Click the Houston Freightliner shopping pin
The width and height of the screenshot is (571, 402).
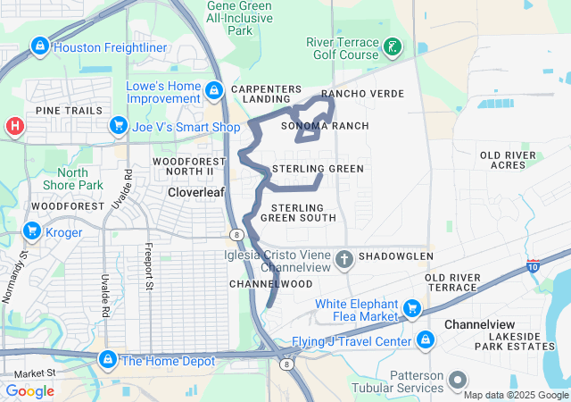coord(39,46)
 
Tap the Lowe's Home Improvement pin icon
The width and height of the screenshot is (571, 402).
coord(213,90)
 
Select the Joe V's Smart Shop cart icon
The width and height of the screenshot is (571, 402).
coord(118,127)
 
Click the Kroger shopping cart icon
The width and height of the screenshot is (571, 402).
coord(33,232)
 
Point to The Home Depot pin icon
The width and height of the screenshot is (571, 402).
coord(107,360)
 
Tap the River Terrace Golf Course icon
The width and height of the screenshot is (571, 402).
coord(393,46)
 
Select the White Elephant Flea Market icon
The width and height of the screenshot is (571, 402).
coord(412,309)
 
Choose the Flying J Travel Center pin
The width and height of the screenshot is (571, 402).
coord(426,340)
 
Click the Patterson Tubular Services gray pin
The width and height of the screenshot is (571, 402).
coord(458,380)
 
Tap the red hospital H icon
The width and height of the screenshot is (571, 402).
coord(13,127)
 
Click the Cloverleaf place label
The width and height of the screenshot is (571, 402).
coord(195,192)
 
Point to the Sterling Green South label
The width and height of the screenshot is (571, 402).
coord(298,213)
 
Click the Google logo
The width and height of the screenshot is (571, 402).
coord(30,390)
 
